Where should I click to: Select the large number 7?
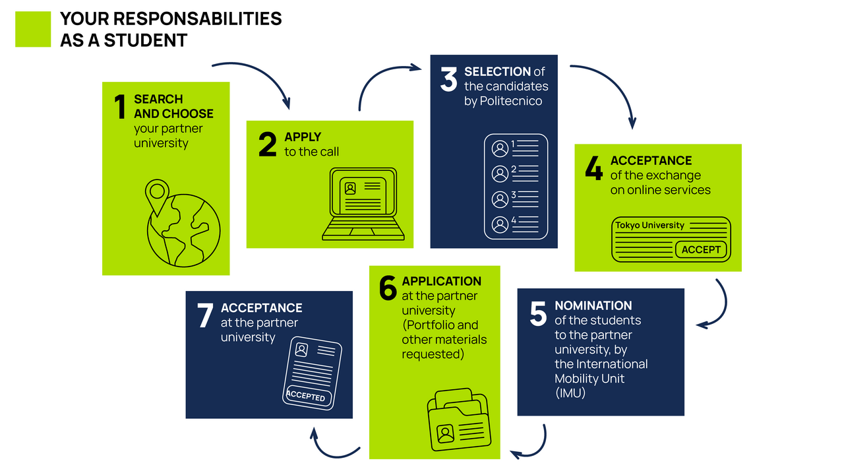click(x=205, y=317)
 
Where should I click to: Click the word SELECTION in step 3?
click(x=497, y=71)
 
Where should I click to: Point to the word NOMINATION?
click(x=593, y=305)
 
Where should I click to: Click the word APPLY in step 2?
click(x=303, y=137)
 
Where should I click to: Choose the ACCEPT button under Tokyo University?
click(x=701, y=249)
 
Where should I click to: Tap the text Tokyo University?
click(x=650, y=225)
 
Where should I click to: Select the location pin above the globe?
click(x=156, y=197)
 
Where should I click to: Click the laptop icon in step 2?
click(x=363, y=205)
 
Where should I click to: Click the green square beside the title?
click(x=33, y=29)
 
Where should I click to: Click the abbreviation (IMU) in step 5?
click(x=570, y=393)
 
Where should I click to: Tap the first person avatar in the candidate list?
click(x=500, y=148)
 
